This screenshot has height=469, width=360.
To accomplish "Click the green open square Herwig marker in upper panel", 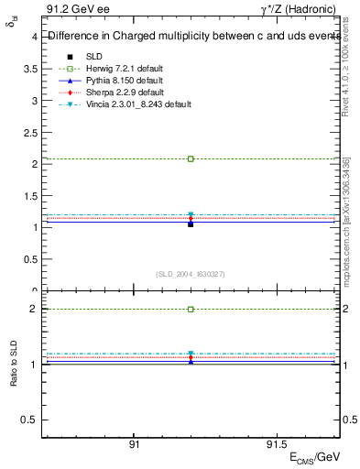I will pyautogui.click(x=191, y=158).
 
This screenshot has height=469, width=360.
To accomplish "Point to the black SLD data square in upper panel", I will pyautogui.click(x=191, y=223).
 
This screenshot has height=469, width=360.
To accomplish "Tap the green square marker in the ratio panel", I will pyautogui.click(x=191, y=310).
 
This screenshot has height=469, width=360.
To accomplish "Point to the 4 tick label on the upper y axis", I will pyautogui.click(x=34, y=37).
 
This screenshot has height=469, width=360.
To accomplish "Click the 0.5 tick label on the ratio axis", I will pyautogui.click(x=29, y=420).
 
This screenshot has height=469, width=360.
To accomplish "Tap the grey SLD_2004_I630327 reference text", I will pyautogui.click(x=191, y=274).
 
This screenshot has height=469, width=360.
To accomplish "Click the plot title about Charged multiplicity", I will pyautogui.click(x=191, y=38).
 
